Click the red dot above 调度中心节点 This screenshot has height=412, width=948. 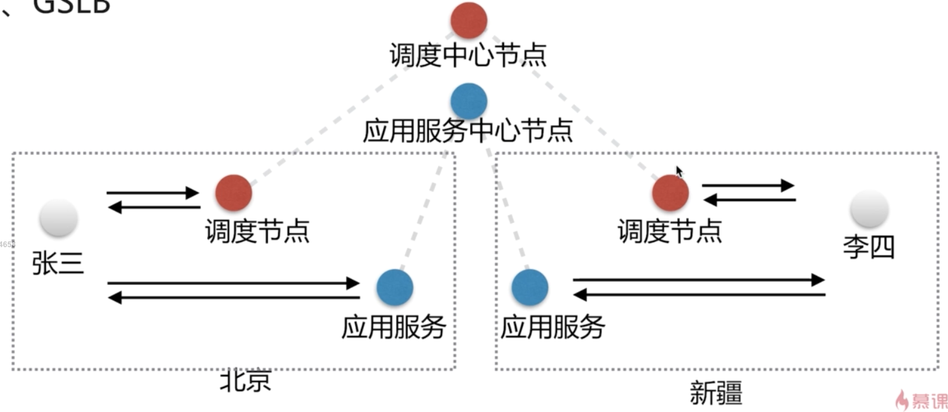[468, 20]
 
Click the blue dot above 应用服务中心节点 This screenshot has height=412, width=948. [468, 101]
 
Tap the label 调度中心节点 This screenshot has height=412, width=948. [468, 56]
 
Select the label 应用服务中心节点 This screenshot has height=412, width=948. [468, 132]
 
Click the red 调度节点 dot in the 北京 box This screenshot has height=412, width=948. [233, 193]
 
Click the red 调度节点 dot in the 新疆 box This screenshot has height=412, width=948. [670, 193]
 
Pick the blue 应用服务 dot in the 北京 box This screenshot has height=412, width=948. [395, 287]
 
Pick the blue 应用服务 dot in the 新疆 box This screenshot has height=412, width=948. [530, 288]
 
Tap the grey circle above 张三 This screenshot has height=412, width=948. [58, 218]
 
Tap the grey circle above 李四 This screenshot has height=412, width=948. [869, 209]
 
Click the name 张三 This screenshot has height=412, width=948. [58, 263]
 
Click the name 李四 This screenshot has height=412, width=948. [869, 247]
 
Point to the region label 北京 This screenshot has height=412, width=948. [245, 382]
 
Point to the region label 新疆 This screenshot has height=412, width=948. [716, 393]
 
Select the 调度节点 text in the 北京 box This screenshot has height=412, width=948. [257, 231]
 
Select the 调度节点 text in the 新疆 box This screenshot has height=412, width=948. [669, 231]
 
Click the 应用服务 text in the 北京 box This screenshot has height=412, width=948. [393, 327]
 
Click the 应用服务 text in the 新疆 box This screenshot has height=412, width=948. [553, 327]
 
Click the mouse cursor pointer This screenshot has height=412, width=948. [679, 172]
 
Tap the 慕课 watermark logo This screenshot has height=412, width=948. [920, 400]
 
